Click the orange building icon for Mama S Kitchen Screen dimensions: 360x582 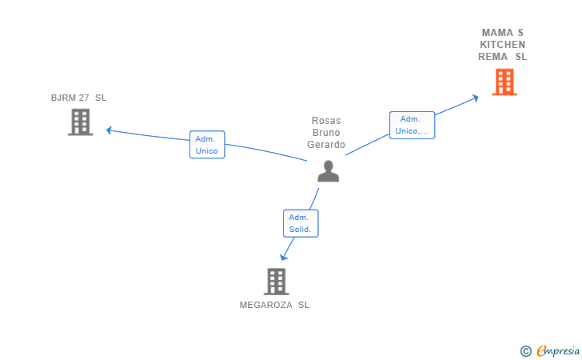click(504, 82)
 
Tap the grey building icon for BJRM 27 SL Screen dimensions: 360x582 click(80, 122)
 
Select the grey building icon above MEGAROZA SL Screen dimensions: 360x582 click(276, 281)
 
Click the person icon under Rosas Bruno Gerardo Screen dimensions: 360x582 click(328, 170)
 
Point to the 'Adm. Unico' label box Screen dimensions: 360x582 click(207, 145)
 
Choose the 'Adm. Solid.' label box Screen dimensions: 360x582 click(301, 223)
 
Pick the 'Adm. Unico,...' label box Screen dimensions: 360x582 click(412, 125)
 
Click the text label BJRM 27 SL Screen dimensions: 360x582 click(78, 98)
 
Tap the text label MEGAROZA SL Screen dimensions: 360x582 click(274, 305)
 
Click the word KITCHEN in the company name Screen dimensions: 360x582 click(503, 45)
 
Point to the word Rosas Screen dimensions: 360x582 click(326, 121)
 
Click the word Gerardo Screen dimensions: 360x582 click(326, 145)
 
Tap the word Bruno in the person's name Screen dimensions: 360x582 click(326, 133)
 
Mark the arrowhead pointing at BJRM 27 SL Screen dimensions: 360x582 click(110, 130)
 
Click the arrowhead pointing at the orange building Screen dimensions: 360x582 click(475, 98)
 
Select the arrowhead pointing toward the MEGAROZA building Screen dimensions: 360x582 click(283, 257)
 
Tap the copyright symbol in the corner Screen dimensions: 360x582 click(525, 350)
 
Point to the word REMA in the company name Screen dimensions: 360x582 click(492, 57)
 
